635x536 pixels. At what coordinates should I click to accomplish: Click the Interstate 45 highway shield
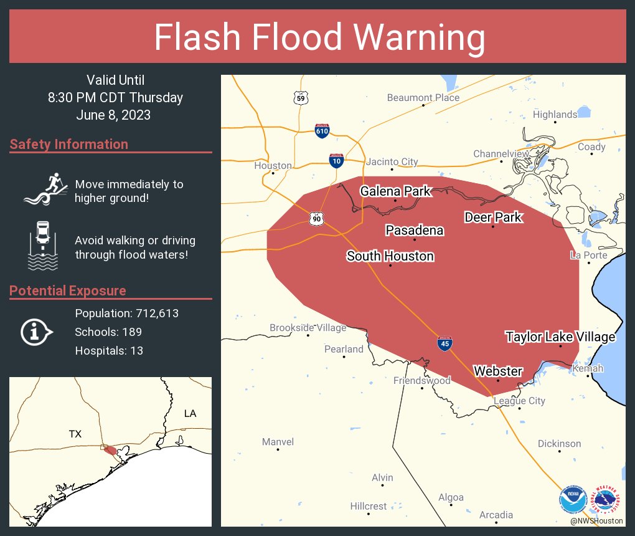pos(444,343)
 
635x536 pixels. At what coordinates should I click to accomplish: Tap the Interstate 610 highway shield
pos(322,130)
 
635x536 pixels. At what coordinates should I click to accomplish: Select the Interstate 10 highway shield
pos(336,161)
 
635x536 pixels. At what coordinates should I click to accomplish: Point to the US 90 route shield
pos(316,218)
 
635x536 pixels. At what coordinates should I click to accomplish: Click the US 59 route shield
pos(301,98)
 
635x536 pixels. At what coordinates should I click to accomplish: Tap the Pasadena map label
pos(415,231)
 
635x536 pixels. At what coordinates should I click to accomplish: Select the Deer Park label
pos(493,218)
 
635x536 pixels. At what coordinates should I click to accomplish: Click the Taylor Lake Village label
pos(560,337)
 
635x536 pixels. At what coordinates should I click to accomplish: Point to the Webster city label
pos(498,371)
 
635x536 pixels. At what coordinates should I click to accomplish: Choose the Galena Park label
pos(395,191)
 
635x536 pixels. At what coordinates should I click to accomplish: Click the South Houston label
pos(390,256)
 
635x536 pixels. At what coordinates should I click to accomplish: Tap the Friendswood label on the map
pos(422,380)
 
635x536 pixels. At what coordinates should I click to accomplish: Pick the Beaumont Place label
pos(423,98)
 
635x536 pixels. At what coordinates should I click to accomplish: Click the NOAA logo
pos(573,499)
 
